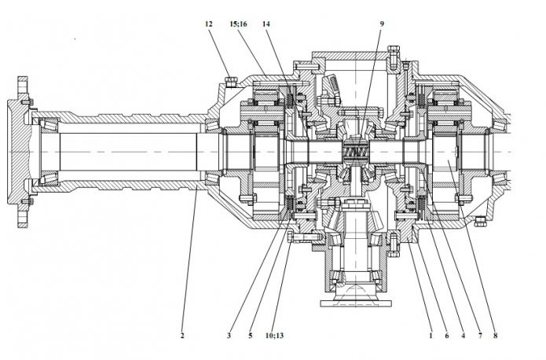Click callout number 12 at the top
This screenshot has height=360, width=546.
pos(209,25)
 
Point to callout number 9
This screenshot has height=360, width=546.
pos(382,25)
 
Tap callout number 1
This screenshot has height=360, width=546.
pos(431,336)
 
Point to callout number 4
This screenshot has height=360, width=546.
pos(464,336)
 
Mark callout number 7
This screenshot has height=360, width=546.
pos(480,336)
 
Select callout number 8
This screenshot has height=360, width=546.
pos(496,336)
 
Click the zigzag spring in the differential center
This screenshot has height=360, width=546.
pos(357,150)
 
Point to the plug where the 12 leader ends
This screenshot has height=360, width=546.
pos(229,79)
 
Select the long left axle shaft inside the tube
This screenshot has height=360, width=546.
pos(126,149)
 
